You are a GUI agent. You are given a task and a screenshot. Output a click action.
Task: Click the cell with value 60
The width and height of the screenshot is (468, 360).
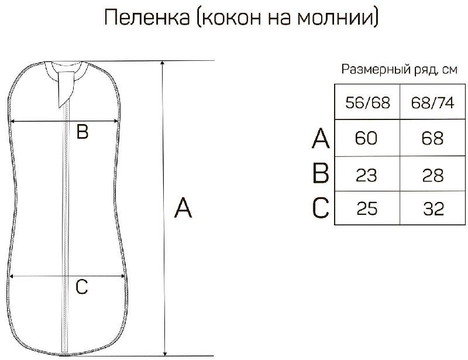[x=367, y=139]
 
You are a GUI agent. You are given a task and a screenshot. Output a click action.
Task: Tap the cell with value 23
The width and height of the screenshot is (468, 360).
[x=367, y=174]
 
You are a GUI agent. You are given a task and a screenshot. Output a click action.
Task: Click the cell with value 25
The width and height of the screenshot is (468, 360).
[x=367, y=208]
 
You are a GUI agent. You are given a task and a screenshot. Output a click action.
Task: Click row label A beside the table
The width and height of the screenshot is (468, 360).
[x=321, y=139]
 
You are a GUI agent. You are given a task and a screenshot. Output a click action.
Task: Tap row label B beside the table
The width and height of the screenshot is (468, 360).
[x=321, y=174]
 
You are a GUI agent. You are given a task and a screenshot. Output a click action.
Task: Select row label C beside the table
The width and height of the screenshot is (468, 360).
[x=321, y=208]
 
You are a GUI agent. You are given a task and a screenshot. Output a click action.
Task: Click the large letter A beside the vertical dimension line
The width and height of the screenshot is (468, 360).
[x=184, y=208]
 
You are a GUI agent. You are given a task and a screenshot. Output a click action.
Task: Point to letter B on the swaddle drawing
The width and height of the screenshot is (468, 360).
[x=82, y=132]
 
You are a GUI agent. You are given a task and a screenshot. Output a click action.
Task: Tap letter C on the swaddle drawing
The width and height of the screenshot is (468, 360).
[x=82, y=287]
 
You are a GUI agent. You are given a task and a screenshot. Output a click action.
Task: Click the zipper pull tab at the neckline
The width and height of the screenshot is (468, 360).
[x=66, y=88]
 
